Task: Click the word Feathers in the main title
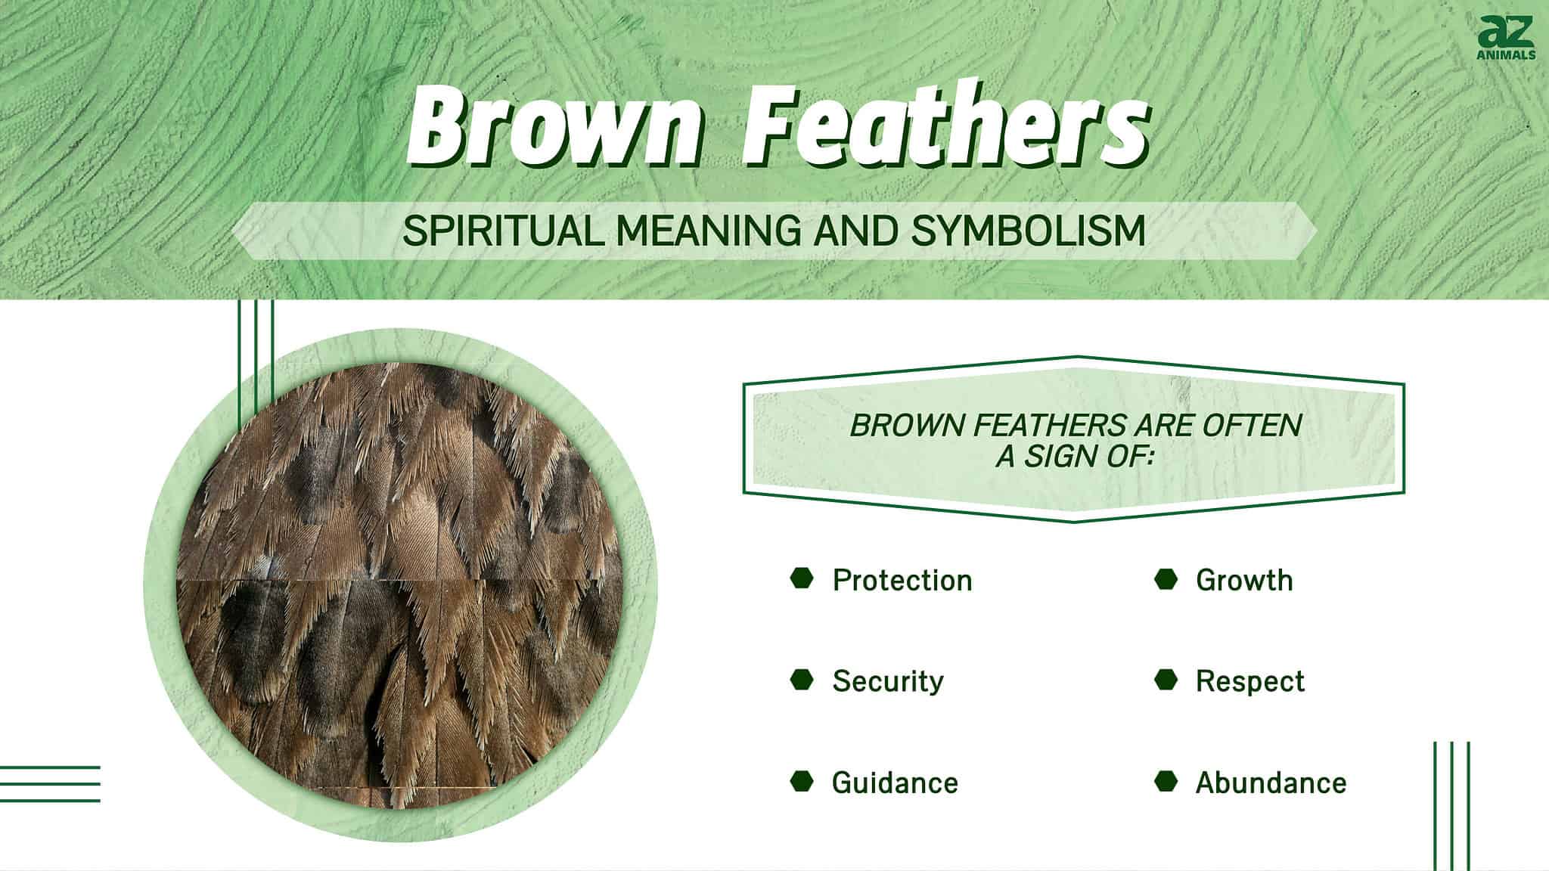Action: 945,128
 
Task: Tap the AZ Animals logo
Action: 1505,39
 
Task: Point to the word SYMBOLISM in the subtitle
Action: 1028,231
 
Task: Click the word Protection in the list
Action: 902,581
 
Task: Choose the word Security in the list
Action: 888,681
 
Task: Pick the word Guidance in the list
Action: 895,783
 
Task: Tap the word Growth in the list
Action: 1244,581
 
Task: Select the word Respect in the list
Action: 1250,681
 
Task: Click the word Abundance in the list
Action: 1271,783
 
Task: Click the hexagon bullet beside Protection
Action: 802,579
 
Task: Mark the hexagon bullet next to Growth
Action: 1166,579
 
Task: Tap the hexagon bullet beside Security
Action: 802,680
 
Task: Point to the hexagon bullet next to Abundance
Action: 1166,781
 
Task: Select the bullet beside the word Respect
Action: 1166,680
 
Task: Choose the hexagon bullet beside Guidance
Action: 802,781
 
